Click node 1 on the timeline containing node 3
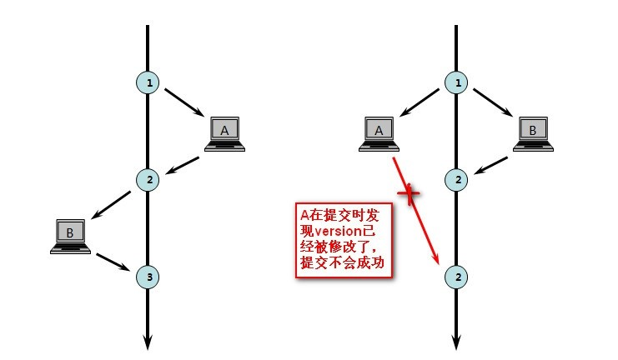(x=148, y=82)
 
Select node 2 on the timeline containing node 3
(x=148, y=178)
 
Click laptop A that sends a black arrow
(x=224, y=133)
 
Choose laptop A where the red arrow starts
(x=379, y=133)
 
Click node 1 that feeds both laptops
(x=455, y=82)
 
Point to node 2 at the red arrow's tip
(x=455, y=276)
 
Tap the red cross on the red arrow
(x=409, y=196)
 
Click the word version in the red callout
(x=340, y=230)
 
